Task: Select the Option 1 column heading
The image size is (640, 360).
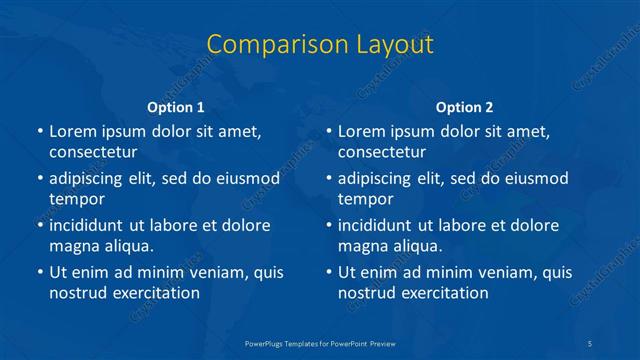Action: pos(175,107)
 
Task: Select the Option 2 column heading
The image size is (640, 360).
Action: pos(464,107)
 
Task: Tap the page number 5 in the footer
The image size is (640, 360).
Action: pos(591,343)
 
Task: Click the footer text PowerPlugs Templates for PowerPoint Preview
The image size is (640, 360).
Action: pos(320,343)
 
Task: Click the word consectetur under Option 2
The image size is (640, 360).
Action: pos(382,153)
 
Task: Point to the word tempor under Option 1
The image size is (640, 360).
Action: pos(75,199)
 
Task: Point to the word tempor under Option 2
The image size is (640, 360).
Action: pos(364,199)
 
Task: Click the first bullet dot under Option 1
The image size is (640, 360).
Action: pos(40,132)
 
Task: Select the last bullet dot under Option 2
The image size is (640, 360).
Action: pos(329,272)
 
